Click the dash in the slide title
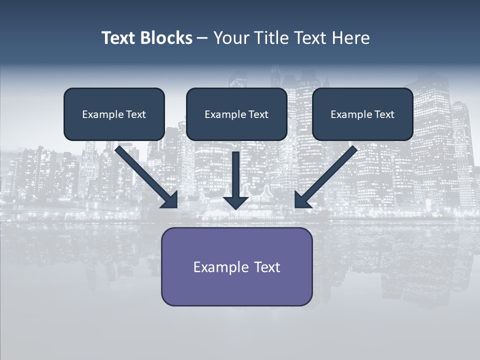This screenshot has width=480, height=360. (202, 38)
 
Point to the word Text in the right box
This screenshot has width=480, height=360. (384, 114)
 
